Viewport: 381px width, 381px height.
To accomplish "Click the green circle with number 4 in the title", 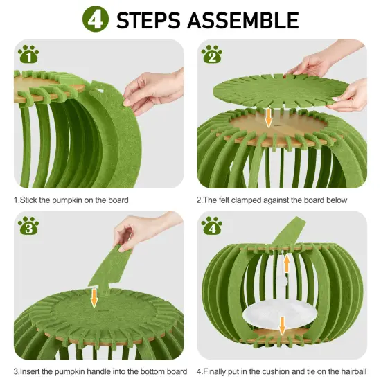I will [97, 19].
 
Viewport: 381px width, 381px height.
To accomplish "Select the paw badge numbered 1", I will [28, 54].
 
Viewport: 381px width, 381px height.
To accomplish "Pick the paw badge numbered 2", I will [212, 54].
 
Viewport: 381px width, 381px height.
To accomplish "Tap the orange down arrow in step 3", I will [94, 297].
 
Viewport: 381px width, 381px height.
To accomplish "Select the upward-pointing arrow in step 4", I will [285, 264].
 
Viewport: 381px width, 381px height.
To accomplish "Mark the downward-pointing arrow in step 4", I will [282, 324].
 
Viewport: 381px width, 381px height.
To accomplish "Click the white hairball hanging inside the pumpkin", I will [281, 282].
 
